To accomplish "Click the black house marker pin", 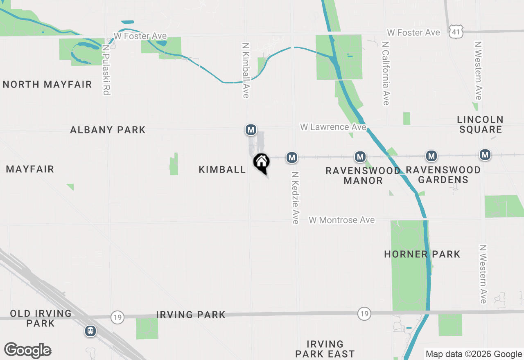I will coord(261,162).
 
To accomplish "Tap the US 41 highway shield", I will coord(456,32).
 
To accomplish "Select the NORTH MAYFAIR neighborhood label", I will coord(47,85).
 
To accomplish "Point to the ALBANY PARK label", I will coord(108,130).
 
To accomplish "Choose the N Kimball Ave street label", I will coord(246,71).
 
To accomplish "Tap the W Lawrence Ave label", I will coord(333,127).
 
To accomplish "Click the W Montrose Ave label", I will coord(341,220).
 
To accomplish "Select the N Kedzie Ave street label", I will coord(295,198).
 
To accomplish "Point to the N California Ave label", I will coord(386,73).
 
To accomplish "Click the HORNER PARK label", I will coord(422,254).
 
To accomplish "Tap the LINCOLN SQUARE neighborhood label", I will coord(480,124).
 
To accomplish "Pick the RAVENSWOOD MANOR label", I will coord(363,175).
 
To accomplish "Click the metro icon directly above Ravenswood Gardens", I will coord(431,156).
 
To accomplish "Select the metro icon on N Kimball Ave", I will coord(251,130).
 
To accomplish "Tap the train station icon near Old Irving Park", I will coord(90,331).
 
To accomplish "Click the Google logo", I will coord(28,350).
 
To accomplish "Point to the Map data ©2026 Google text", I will coord(474,354).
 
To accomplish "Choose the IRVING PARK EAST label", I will coord(325,349).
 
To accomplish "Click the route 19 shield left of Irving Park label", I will coord(117,317).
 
